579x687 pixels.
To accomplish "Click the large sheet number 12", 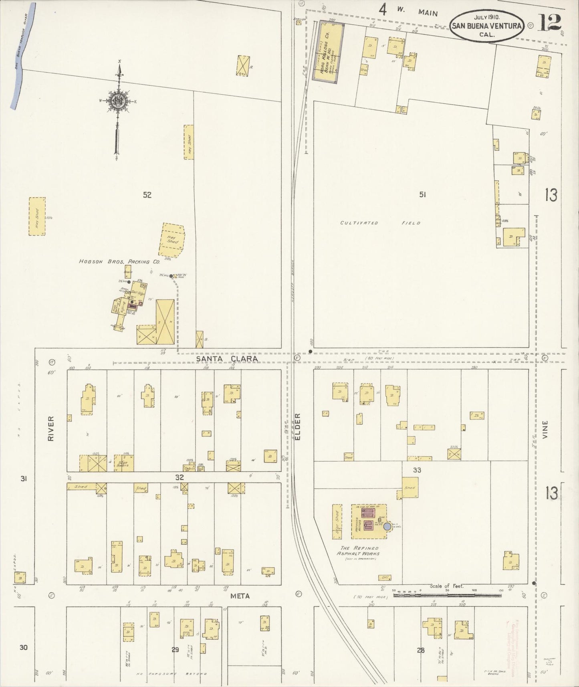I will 550,22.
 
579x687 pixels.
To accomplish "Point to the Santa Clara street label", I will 227,359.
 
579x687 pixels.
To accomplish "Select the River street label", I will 51,428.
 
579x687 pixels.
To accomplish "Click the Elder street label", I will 298,427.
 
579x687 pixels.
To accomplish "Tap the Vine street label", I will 545,429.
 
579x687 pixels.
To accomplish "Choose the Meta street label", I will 240,596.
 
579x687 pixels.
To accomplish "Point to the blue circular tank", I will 387,527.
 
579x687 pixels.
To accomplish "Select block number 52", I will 147,195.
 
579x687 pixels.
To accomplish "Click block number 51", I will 422,194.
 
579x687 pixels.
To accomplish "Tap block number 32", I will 179,477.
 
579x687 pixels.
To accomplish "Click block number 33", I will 417,470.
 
